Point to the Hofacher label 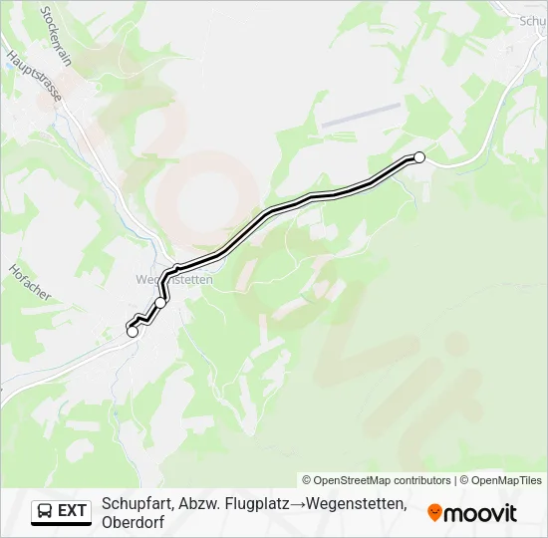coord(29,283)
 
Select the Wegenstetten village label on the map coord(174,280)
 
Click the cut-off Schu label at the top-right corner coord(532,19)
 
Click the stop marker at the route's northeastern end coord(419,157)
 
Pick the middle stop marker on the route coord(161,302)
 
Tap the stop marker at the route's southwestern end coord(133,332)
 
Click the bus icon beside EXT coord(45,511)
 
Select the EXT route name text coord(73,511)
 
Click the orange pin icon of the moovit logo coord(433,513)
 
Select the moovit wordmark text coord(480,513)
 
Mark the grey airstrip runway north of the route coord(360,115)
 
